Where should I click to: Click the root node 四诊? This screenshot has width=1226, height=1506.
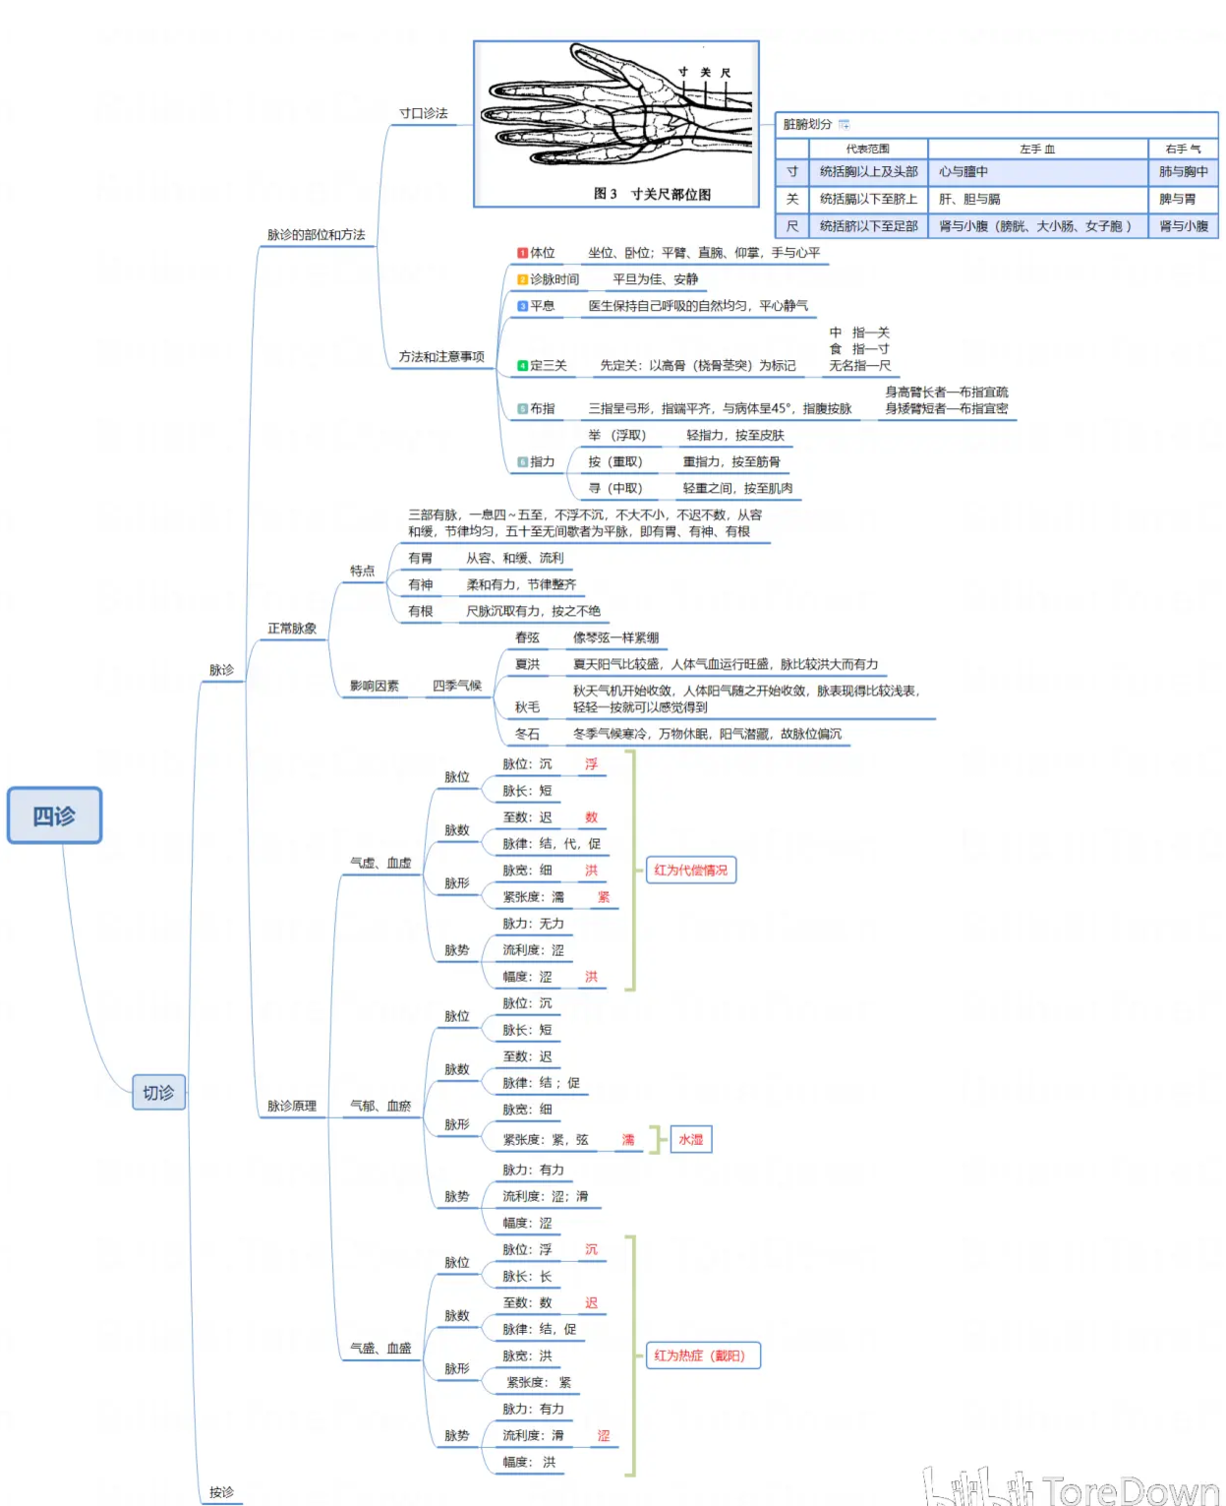click(x=54, y=815)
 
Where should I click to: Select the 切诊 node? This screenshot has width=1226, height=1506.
click(x=158, y=1092)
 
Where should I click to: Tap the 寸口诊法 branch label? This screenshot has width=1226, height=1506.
click(x=423, y=113)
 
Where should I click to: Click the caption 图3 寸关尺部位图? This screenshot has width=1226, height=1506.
click(x=652, y=194)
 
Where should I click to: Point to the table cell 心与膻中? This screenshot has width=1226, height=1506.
click(x=963, y=172)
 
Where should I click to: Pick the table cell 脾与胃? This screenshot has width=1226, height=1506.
click(x=1177, y=199)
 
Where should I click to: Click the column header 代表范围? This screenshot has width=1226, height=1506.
click(x=867, y=150)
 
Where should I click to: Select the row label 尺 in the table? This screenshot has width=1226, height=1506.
click(x=792, y=226)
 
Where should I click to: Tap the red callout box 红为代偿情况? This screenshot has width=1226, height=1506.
click(x=691, y=870)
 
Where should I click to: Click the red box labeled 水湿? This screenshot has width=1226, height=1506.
click(x=691, y=1139)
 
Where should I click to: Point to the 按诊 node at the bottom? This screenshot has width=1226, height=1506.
click(x=221, y=1491)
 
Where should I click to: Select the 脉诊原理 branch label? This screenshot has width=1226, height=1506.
click(x=292, y=1106)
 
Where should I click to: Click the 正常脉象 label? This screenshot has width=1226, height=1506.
click(x=292, y=628)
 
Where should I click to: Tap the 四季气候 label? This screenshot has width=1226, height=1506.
click(x=457, y=686)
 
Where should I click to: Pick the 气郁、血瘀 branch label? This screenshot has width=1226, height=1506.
click(x=380, y=1106)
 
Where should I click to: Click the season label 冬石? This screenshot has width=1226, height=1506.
click(x=527, y=734)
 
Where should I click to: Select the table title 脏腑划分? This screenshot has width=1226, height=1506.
click(x=807, y=124)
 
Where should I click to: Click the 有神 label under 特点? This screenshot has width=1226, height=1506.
click(x=420, y=584)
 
